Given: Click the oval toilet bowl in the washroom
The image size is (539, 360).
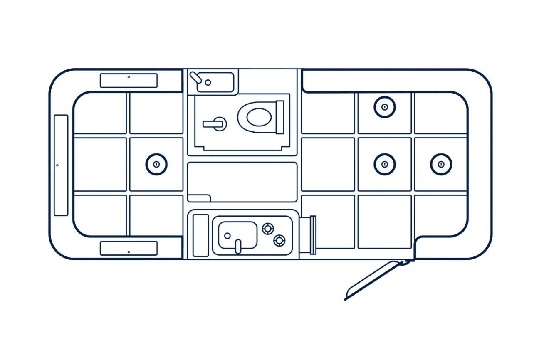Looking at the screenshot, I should [x=259, y=117].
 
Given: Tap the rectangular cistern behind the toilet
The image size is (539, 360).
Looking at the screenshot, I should [x=280, y=117].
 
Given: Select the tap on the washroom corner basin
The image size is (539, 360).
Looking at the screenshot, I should [x=196, y=77].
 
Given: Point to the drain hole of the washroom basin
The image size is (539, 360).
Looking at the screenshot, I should [x=208, y=82].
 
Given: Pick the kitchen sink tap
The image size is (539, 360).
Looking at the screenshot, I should [x=238, y=246].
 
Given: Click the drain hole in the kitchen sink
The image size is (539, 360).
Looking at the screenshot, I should [x=227, y=236].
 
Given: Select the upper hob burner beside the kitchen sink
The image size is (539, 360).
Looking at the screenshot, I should [x=268, y=228].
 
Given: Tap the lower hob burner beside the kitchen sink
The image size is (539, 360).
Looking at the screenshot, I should [x=279, y=240].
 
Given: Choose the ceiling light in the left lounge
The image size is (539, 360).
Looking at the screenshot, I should [x=156, y=164].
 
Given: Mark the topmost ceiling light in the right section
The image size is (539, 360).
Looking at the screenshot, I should [x=384, y=107].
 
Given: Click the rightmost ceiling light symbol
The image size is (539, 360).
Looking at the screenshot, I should [x=441, y=164].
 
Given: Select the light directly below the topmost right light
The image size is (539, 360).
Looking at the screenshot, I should [x=384, y=164].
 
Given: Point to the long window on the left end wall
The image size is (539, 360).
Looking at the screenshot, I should [x=61, y=165].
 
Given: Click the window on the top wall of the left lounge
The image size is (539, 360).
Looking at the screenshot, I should [x=129, y=81].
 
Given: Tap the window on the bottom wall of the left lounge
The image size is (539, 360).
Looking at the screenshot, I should [x=129, y=248].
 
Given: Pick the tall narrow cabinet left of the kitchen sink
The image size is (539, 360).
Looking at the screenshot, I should [x=200, y=235].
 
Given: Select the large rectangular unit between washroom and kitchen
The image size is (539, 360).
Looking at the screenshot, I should [x=242, y=182].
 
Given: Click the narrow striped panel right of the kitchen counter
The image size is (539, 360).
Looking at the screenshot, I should [x=313, y=235].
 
